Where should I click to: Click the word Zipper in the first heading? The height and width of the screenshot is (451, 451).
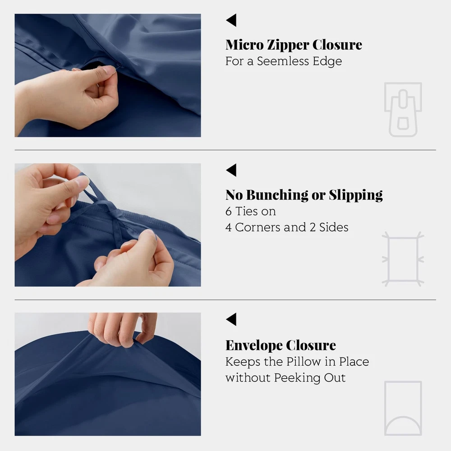pyautogui.click(x=288, y=45)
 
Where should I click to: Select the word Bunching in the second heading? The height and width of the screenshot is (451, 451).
pyautogui.click(x=277, y=195)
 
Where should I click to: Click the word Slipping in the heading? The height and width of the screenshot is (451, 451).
pyautogui.click(x=356, y=195)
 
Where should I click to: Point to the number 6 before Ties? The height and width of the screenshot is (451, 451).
pyautogui.click(x=228, y=212)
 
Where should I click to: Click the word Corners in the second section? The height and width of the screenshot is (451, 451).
pyautogui.click(x=258, y=227)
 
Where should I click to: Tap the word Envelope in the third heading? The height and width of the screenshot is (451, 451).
pyautogui.click(x=253, y=345)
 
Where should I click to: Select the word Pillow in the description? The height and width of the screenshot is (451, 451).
pyautogui.click(x=304, y=362)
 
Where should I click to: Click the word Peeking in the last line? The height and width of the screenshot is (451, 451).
pyautogui.click(x=297, y=378)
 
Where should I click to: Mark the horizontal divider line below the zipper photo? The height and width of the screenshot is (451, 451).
pyautogui.click(x=225, y=150)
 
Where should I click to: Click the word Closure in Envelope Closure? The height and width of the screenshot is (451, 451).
pyautogui.click(x=311, y=345)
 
